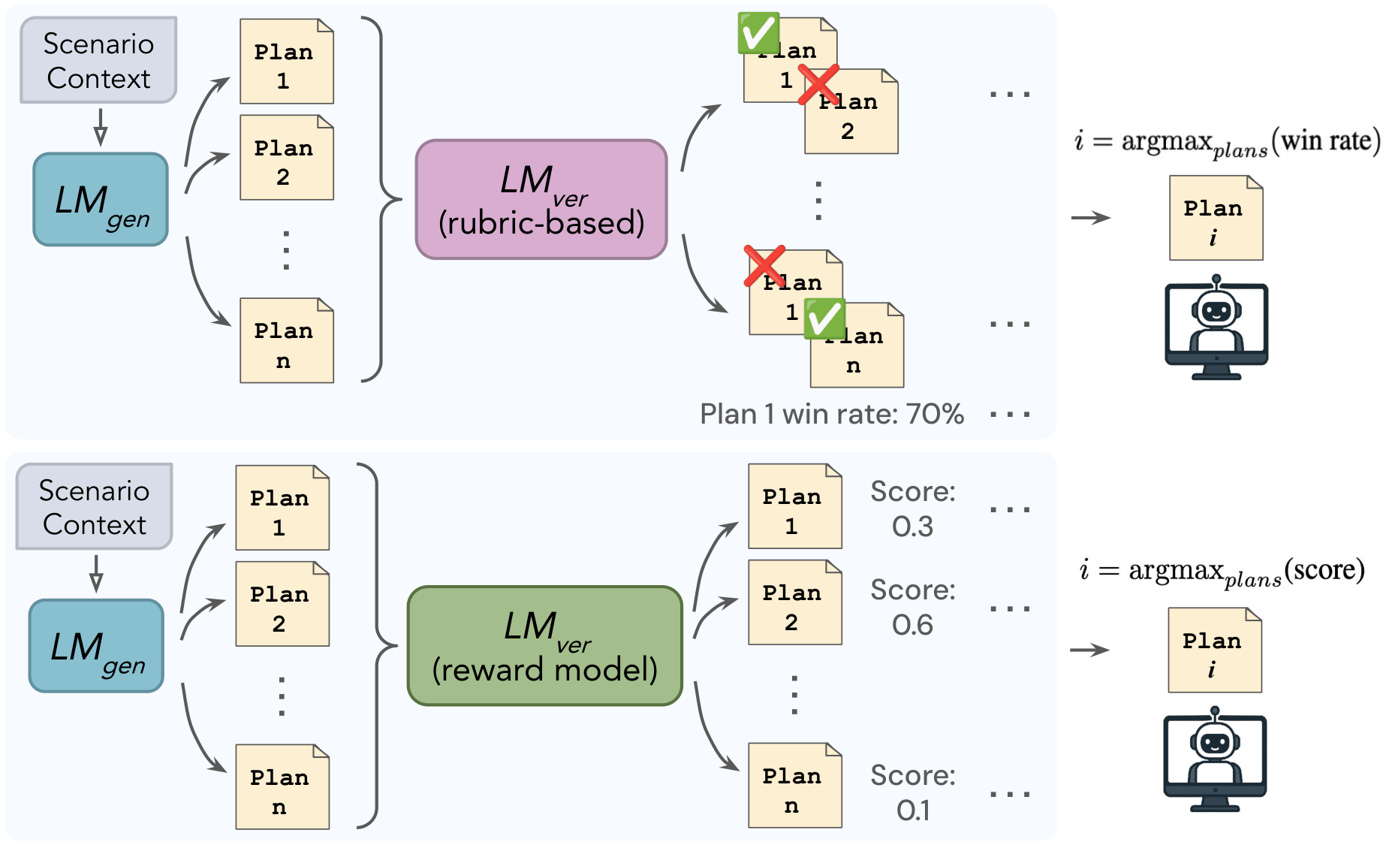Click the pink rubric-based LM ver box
tap(541, 200)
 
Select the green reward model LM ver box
tap(544, 646)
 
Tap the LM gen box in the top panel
tap(101, 200)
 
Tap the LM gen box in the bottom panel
tap(96, 646)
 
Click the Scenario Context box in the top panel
tap(98, 60)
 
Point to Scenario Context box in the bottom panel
tap(94, 507)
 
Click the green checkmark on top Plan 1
tap(758, 33)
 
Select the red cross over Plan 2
tap(818, 84)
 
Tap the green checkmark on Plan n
tap(824, 318)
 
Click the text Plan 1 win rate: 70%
tap(831, 414)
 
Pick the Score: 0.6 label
tap(912, 607)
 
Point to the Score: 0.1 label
tap(912, 792)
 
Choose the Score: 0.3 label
tap(912, 509)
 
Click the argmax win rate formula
tap(1227, 142)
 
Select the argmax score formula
tap(1222, 572)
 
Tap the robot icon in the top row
tap(1216, 327)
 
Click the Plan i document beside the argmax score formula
tap(1214, 650)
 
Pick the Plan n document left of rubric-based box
tap(286, 341)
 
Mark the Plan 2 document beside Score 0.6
tap(794, 602)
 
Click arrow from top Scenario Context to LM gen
tap(100, 127)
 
